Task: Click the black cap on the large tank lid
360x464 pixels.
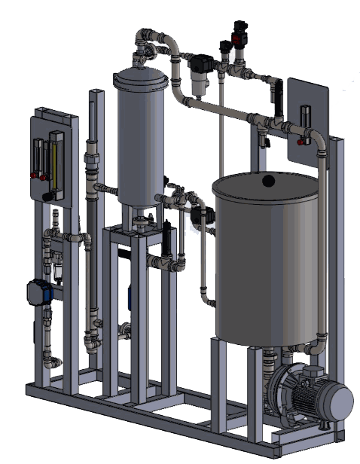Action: (268, 180)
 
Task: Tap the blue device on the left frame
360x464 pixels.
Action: (40, 292)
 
